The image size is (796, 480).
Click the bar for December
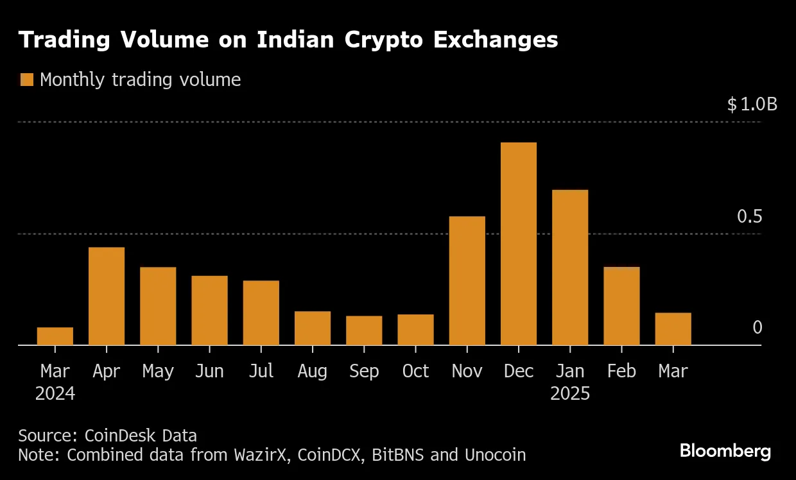tap(518, 244)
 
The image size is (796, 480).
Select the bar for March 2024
tap(55, 336)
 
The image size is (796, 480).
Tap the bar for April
tap(107, 296)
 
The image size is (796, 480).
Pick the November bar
tap(467, 281)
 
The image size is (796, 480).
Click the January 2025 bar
tap(570, 268)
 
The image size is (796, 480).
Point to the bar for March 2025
tap(673, 329)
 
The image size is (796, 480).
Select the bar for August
tap(313, 329)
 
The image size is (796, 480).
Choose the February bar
tap(621, 306)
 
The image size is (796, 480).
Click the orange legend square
tap(26, 80)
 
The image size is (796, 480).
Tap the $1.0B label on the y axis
tap(752, 105)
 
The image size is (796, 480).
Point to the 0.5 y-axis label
tap(749, 217)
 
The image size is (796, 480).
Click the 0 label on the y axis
tap(757, 328)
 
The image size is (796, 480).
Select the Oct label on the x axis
tap(415, 371)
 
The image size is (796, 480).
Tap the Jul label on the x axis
tap(261, 371)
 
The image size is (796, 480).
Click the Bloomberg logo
tap(725, 451)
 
